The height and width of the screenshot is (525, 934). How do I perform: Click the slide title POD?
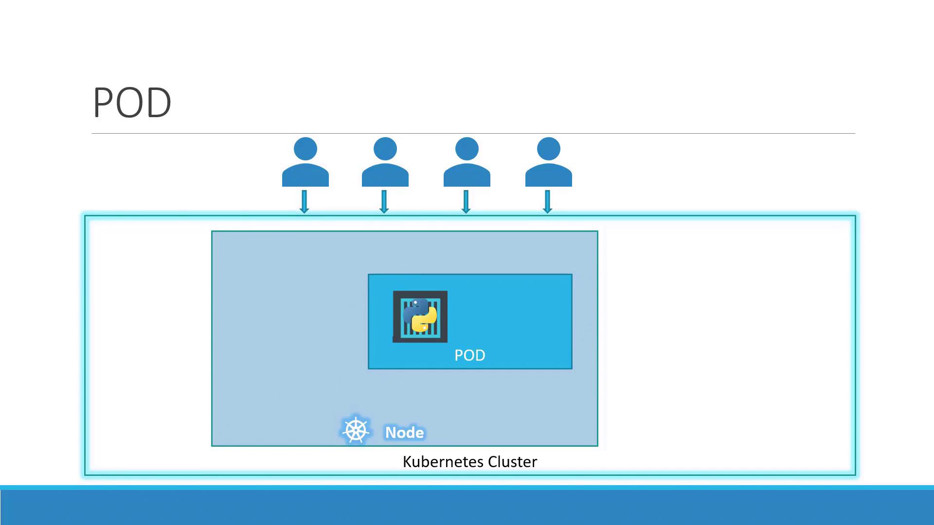click(x=132, y=103)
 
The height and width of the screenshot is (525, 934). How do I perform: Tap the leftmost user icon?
click(x=305, y=162)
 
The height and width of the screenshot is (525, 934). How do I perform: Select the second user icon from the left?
click(x=385, y=162)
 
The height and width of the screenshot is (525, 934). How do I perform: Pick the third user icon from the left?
click(x=467, y=162)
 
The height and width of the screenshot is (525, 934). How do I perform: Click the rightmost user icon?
click(x=549, y=162)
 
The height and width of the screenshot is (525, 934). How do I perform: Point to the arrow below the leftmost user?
click(x=305, y=202)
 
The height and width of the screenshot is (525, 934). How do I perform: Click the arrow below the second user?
click(x=384, y=202)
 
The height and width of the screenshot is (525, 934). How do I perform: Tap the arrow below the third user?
click(x=466, y=202)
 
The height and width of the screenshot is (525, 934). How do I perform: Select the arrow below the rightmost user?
click(x=548, y=202)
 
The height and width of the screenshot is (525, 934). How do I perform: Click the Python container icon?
click(x=420, y=316)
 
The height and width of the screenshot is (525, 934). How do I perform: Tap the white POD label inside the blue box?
click(x=470, y=355)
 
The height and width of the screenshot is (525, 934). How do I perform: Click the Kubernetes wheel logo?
click(x=356, y=431)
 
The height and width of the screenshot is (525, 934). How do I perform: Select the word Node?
click(x=405, y=432)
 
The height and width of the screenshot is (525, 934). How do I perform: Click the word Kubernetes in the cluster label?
click(x=443, y=461)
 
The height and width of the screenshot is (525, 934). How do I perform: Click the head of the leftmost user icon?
click(x=305, y=149)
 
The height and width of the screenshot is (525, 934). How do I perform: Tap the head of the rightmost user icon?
click(x=549, y=149)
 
